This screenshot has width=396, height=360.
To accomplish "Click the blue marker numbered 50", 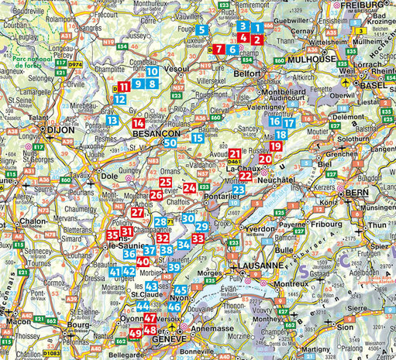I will point(170,142).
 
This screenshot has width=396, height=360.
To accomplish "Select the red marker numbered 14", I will point(138,123).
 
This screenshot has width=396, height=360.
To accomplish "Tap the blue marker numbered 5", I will point(201,30).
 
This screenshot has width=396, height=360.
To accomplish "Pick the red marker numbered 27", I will point(137,213).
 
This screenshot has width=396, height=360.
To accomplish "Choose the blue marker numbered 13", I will point(113,120).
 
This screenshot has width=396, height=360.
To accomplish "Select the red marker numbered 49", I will point(135,334).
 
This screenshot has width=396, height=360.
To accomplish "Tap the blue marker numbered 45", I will point(181,289).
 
